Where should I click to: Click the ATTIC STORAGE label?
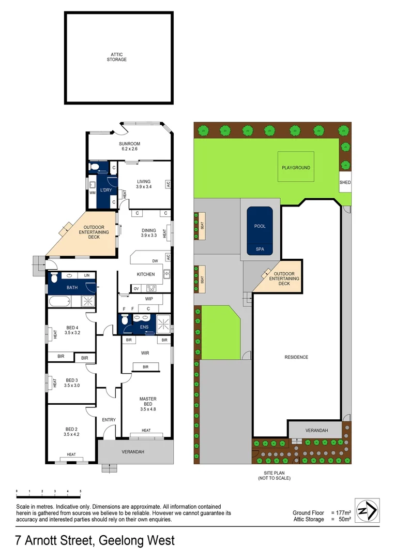coord(116,56)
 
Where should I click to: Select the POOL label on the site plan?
coord(260,226)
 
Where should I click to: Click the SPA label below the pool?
coord(260,249)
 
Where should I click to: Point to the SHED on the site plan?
coord(345,183)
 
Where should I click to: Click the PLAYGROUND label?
coord(296,168)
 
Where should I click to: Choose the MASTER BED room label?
coord(147,402)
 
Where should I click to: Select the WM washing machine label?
coord(93,193)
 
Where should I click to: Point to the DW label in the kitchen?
coord(155,261)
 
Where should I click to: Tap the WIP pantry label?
coord(149,299)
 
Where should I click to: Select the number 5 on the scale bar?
coord(80,491)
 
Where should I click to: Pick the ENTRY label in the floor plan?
coord(109,420)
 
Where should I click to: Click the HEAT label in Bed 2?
coord(71,455)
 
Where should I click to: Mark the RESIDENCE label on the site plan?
coord(296,357)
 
